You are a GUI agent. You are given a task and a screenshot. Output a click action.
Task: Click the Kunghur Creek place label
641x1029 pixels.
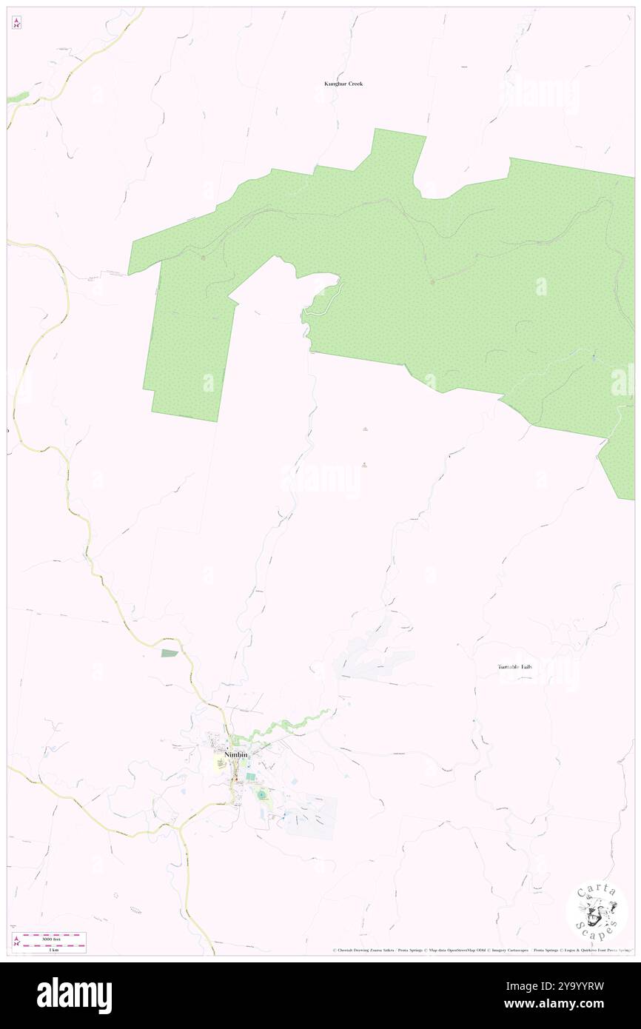(343, 84)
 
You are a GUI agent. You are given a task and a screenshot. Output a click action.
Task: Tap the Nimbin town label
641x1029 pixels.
(236, 754)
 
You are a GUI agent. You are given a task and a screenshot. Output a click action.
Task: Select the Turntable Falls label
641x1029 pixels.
(514, 667)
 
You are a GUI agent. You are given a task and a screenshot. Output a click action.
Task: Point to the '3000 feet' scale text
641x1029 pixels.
(50, 939)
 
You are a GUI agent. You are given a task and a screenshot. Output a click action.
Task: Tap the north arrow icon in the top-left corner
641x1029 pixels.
(16, 23)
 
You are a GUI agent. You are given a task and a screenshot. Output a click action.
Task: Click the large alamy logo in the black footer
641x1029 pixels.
(74, 996)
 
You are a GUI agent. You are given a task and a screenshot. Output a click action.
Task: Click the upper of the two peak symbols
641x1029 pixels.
(365, 429)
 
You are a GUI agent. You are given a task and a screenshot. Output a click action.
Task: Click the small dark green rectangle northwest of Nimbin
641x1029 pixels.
(170, 653)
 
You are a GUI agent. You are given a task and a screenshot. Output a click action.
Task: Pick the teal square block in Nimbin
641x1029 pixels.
(251, 777)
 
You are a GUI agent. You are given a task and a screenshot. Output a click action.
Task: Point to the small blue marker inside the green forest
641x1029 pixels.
(594, 358)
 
